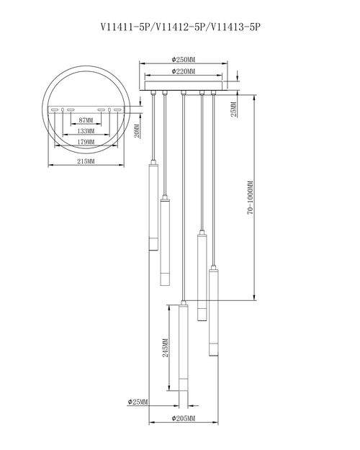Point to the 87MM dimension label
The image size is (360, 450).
pos(86,120)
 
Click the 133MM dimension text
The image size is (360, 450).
pos(86,132)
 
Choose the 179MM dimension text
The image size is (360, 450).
pos(86,143)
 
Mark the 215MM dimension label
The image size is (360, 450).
pos(86,162)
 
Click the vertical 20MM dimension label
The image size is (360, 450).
pos(137,130)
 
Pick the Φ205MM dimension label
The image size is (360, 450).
pos(184,418)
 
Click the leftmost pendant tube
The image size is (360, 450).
pos(153,205)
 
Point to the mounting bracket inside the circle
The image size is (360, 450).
pos(86,109)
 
